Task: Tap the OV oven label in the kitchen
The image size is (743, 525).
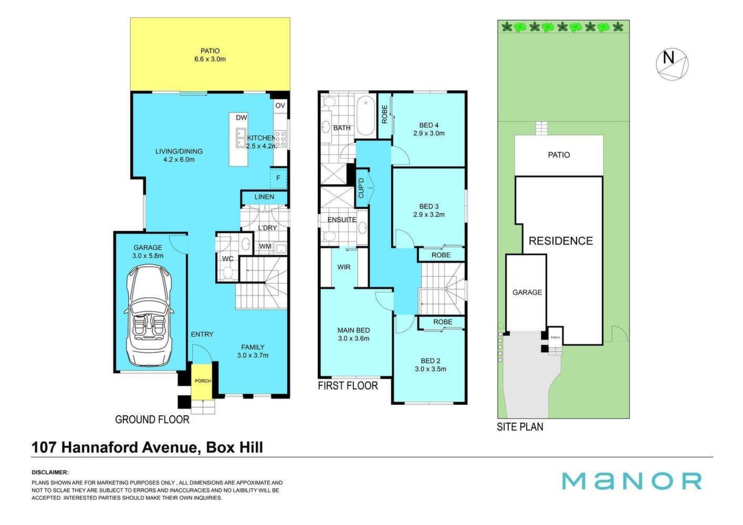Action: click(280, 106)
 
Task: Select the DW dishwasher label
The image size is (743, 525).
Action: click(242, 118)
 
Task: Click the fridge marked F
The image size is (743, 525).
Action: click(278, 178)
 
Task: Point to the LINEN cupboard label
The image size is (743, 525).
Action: click(264, 197)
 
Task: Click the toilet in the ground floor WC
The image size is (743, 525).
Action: click(227, 274)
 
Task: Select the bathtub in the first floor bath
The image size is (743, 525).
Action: click(365, 115)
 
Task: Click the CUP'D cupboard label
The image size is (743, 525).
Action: click(361, 188)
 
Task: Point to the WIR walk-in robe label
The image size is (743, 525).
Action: click(343, 267)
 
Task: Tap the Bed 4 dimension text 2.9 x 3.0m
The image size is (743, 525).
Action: click(429, 133)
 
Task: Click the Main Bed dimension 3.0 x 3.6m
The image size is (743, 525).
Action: click(353, 339)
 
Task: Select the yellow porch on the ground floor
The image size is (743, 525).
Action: click(202, 381)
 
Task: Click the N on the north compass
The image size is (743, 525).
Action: click(668, 58)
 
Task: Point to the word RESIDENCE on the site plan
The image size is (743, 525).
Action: click(561, 241)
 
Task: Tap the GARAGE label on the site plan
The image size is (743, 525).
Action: click(527, 292)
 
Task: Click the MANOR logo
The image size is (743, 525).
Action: click(632, 481)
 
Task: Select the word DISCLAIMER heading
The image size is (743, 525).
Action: click(50, 472)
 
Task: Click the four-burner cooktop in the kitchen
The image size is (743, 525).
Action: click(280, 139)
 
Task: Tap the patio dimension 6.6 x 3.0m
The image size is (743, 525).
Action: click(210, 59)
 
